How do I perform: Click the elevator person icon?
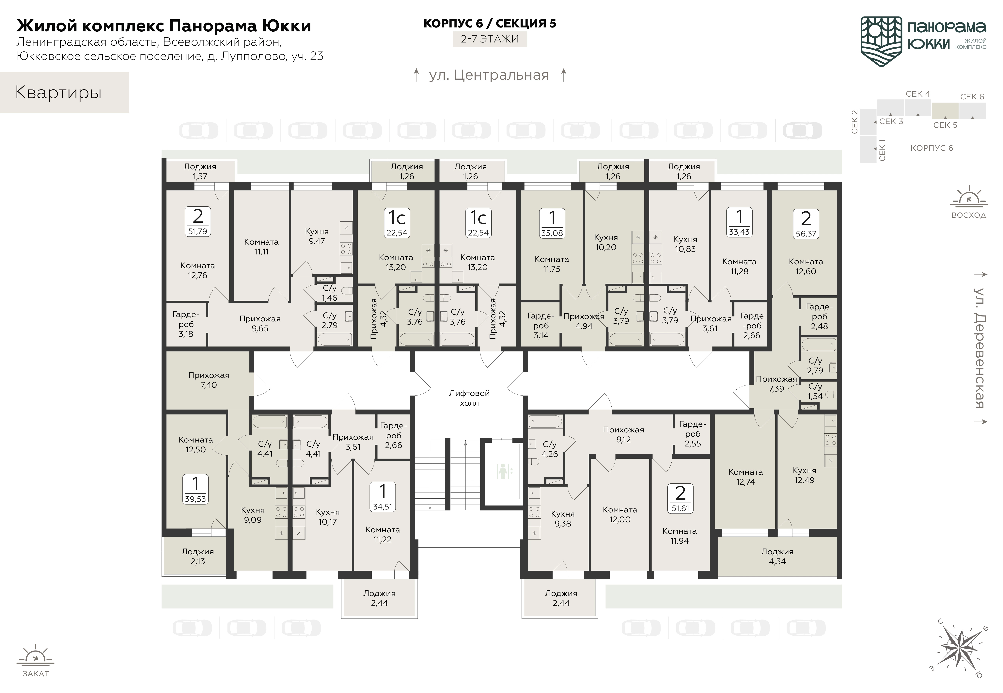[503, 471]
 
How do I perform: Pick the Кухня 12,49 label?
[804, 475]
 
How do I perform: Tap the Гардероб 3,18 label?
[186, 324]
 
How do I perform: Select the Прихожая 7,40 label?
[209, 380]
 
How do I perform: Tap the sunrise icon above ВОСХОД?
[969, 198]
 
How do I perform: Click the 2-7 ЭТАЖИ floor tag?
[490, 39]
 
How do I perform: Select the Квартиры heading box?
[64, 92]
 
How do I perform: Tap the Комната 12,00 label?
[620, 515]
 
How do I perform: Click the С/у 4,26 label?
[549, 449]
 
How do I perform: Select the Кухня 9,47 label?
[317, 236]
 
